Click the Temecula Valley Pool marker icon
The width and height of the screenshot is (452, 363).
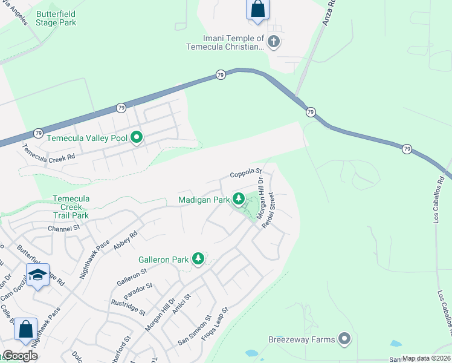137,138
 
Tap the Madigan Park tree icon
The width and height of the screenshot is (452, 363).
239,198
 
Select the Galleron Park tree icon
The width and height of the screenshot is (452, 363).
198,259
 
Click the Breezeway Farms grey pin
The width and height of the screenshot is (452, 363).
344,339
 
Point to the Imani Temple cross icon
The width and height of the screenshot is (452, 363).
274,42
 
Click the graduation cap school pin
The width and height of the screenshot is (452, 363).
37,275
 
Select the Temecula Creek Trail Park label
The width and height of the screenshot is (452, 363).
71,207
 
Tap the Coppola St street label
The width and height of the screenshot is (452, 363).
245,174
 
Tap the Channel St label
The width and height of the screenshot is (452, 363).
64,228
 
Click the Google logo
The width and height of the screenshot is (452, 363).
19,356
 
